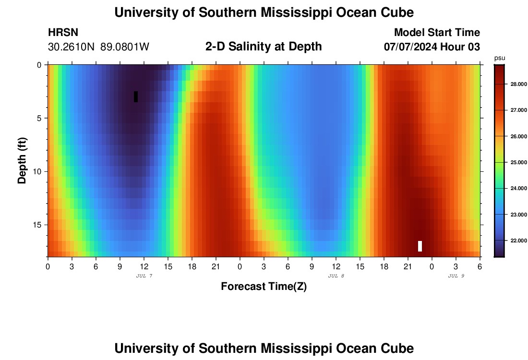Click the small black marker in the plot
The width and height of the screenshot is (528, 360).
pos(136,96)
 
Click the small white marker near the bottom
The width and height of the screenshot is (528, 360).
pos(420,246)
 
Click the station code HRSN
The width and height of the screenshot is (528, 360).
pos(63,33)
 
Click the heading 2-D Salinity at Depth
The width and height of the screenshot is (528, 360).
pos(264,47)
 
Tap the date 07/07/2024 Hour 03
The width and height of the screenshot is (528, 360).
pos(432,47)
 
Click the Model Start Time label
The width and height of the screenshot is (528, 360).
pos(437,33)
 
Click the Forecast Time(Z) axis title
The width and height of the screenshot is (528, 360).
pos(264,287)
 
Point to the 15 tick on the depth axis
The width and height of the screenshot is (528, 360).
pos(38,225)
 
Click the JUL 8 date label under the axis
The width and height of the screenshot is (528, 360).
pos(336,276)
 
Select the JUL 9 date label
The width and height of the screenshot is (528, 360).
pos(456,276)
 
